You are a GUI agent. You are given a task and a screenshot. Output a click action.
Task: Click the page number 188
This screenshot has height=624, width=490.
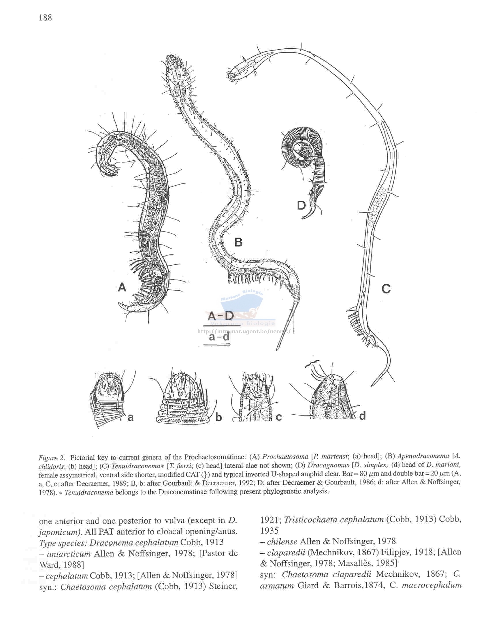(45, 18)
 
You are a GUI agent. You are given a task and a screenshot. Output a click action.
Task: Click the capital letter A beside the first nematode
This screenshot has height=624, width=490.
(122, 287)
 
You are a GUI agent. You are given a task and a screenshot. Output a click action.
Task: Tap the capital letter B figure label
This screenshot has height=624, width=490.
(238, 242)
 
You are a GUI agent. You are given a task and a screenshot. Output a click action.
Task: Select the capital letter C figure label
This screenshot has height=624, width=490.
(386, 289)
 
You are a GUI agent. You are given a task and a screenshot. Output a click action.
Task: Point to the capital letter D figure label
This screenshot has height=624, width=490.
(301, 206)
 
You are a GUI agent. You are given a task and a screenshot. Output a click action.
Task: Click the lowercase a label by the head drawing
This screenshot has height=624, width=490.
(131, 417)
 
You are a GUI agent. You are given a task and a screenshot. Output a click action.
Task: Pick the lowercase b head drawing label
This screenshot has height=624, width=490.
(218, 417)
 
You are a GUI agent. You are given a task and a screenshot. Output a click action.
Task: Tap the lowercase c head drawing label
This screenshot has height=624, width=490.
(279, 417)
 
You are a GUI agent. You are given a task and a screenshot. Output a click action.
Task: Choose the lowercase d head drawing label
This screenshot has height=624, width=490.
(362, 416)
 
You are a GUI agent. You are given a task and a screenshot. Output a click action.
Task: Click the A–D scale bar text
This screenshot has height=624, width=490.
(220, 316)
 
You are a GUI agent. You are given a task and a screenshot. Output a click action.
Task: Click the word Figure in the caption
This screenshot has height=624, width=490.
(48, 458)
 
